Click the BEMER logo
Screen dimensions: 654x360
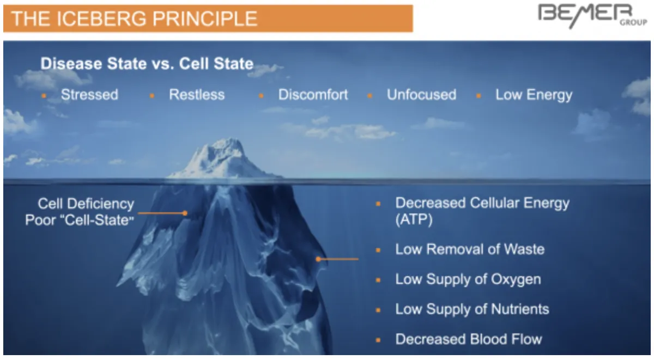pos(592,16)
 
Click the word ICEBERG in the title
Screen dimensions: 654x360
pos(101,19)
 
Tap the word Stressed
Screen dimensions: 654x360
pos(89,95)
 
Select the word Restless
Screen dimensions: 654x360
pos(197,95)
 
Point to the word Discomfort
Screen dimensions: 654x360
pos(313,95)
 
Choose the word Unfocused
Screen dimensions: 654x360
pos(422,95)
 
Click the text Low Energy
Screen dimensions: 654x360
pos(534,95)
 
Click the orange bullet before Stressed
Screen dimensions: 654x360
pos(44,96)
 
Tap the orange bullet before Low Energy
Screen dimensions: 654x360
pos(479,96)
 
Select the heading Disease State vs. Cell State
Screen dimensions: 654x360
pos(147,64)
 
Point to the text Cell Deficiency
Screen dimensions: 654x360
pos(86,204)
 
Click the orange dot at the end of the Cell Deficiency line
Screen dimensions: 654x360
pos(185,213)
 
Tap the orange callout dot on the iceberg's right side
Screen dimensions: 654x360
pos(318,259)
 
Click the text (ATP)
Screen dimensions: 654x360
pos(414,219)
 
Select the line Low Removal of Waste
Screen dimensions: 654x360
pos(470,249)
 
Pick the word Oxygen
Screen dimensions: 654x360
pos(516,279)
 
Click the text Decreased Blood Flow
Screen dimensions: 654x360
pos(469,339)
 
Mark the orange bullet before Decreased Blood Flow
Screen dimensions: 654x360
pos(378,340)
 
